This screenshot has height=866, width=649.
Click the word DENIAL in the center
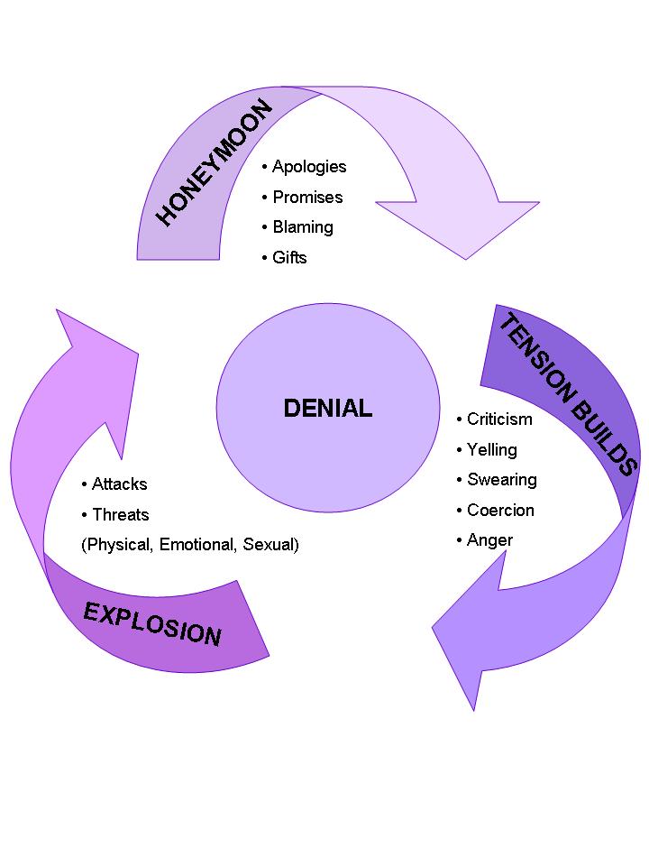coord(327,409)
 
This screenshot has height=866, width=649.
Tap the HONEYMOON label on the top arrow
coord(215,163)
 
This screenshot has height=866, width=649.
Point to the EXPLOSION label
coord(152,623)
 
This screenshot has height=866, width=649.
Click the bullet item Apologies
coord(308,167)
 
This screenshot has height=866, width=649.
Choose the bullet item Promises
coord(307,198)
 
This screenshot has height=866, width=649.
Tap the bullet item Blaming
coord(303,227)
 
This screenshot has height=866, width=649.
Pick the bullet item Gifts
coord(289,258)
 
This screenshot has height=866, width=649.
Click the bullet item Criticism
coord(499,419)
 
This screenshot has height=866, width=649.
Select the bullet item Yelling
coord(491,450)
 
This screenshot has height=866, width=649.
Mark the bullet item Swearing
coord(501,480)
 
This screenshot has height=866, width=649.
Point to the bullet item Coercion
coord(500,511)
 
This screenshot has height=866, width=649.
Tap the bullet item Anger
coord(489,540)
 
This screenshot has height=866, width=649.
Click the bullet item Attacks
coord(119,484)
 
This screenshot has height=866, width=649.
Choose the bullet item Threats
coord(120,515)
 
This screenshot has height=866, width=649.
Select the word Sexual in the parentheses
coord(270,545)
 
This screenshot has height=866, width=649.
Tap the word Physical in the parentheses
coord(118,545)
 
